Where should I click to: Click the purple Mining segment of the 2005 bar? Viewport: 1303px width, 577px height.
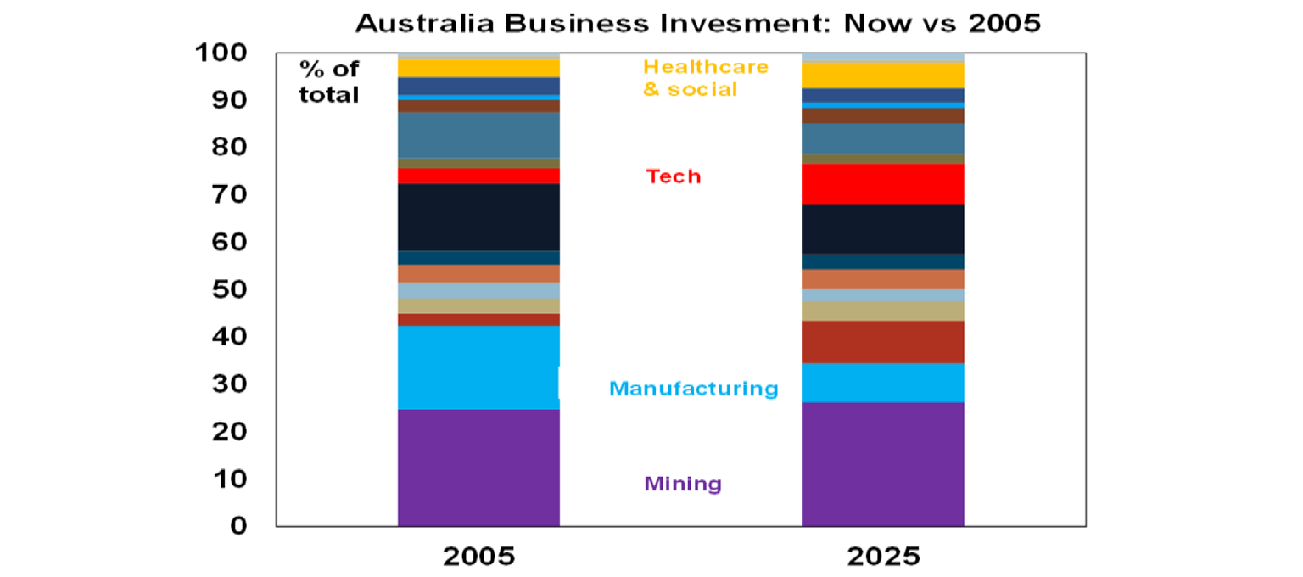coord(478,467)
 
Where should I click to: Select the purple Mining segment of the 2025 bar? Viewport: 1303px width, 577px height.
coord(882,463)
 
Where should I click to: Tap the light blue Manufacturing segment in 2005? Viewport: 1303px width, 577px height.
coord(478,367)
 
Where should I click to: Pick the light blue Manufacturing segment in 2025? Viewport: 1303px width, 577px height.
coord(882,382)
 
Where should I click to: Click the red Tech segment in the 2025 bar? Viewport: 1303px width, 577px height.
coord(882,183)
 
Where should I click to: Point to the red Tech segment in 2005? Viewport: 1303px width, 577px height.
coord(478,176)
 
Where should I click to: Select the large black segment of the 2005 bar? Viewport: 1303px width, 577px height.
coord(478,217)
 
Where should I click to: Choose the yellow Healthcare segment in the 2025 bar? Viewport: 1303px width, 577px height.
coord(882,76)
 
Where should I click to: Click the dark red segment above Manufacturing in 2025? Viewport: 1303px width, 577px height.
coord(882,341)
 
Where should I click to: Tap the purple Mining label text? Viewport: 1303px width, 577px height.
coord(683,485)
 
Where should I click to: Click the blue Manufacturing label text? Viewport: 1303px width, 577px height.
coord(693,389)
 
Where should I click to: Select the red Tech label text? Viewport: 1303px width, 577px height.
coord(674,176)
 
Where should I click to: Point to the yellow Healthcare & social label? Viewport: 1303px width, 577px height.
coord(705,77)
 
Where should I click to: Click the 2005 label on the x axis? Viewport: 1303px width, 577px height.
coord(478,557)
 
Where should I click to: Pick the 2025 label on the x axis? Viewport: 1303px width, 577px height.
coord(882,557)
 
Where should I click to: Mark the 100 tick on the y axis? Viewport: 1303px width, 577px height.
coord(233,53)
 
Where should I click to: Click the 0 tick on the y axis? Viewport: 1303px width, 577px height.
coord(258,526)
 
